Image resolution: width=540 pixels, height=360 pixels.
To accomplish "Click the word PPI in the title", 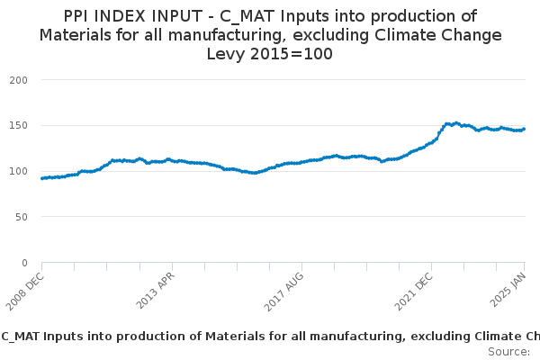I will [x=79, y=16].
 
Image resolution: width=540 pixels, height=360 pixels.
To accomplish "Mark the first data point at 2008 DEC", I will [x=42, y=178].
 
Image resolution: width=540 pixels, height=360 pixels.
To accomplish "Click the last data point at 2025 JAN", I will [x=524, y=129].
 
